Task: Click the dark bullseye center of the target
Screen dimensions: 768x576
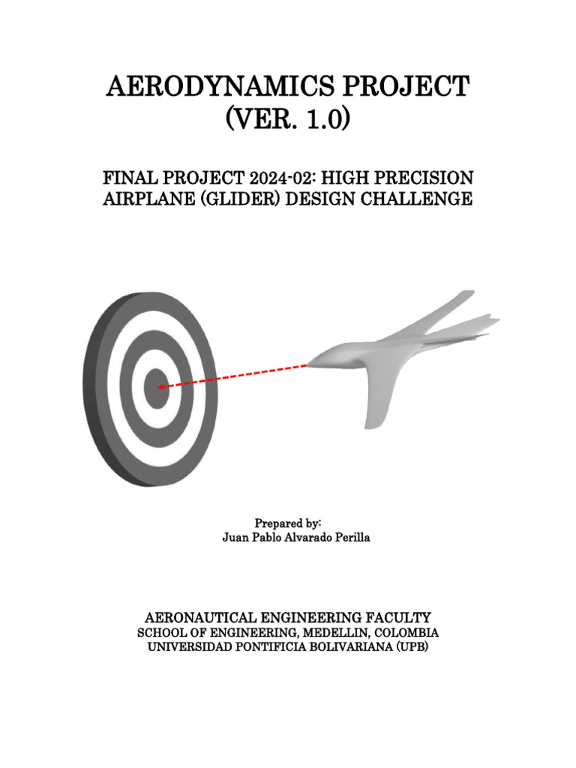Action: tap(157, 388)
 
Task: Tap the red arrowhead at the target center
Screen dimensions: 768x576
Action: tap(161, 386)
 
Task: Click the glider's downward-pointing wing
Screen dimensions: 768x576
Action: tap(377, 405)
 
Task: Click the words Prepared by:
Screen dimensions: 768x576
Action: tap(288, 523)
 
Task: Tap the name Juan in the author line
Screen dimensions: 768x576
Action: tap(235, 538)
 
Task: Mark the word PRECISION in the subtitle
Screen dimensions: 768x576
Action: tap(429, 178)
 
